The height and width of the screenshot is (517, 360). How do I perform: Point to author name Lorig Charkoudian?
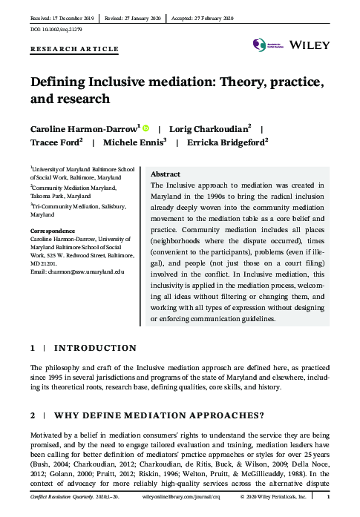[212, 128]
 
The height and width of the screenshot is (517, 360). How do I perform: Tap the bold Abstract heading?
[165, 174]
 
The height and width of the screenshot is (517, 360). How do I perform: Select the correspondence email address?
[77, 272]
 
